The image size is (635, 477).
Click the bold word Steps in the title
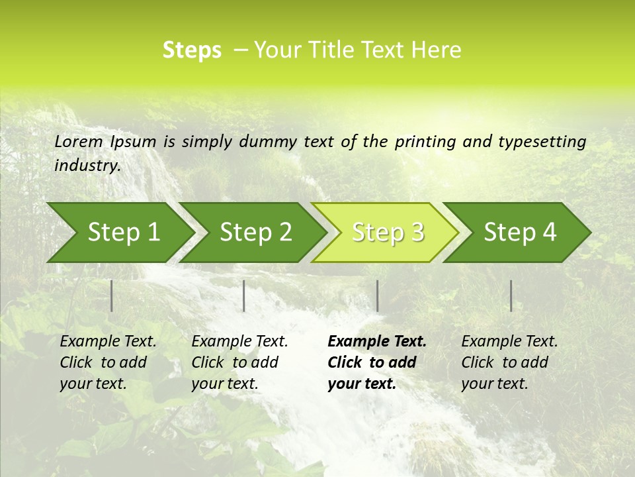pyautogui.click(x=192, y=50)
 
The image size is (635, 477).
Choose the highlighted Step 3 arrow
pyautogui.click(x=388, y=232)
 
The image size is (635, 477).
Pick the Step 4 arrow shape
pyautogui.click(x=520, y=232)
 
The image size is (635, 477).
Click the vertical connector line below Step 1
pyautogui.click(x=112, y=295)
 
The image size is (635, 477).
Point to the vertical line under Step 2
pyautogui.click(x=244, y=295)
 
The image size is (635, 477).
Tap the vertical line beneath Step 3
pyautogui.click(x=377, y=295)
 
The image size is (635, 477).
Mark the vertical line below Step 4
pyautogui.click(x=511, y=295)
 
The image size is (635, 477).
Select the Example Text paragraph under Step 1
pyautogui.click(x=108, y=362)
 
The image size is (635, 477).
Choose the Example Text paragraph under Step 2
pyautogui.click(x=239, y=362)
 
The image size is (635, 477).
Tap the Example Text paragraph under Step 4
pyautogui.click(x=509, y=362)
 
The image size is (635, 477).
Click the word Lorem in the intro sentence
pyautogui.click(x=79, y=141)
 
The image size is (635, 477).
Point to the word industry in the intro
pyautogui.click(x=87, y=165)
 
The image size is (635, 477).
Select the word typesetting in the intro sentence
pyautogui.click(x=546, y=142)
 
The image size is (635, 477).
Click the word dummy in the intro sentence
pyautogui.click(x=269, y=142)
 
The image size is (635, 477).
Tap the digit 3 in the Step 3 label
pyautogui.click(x=416, y=232)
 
